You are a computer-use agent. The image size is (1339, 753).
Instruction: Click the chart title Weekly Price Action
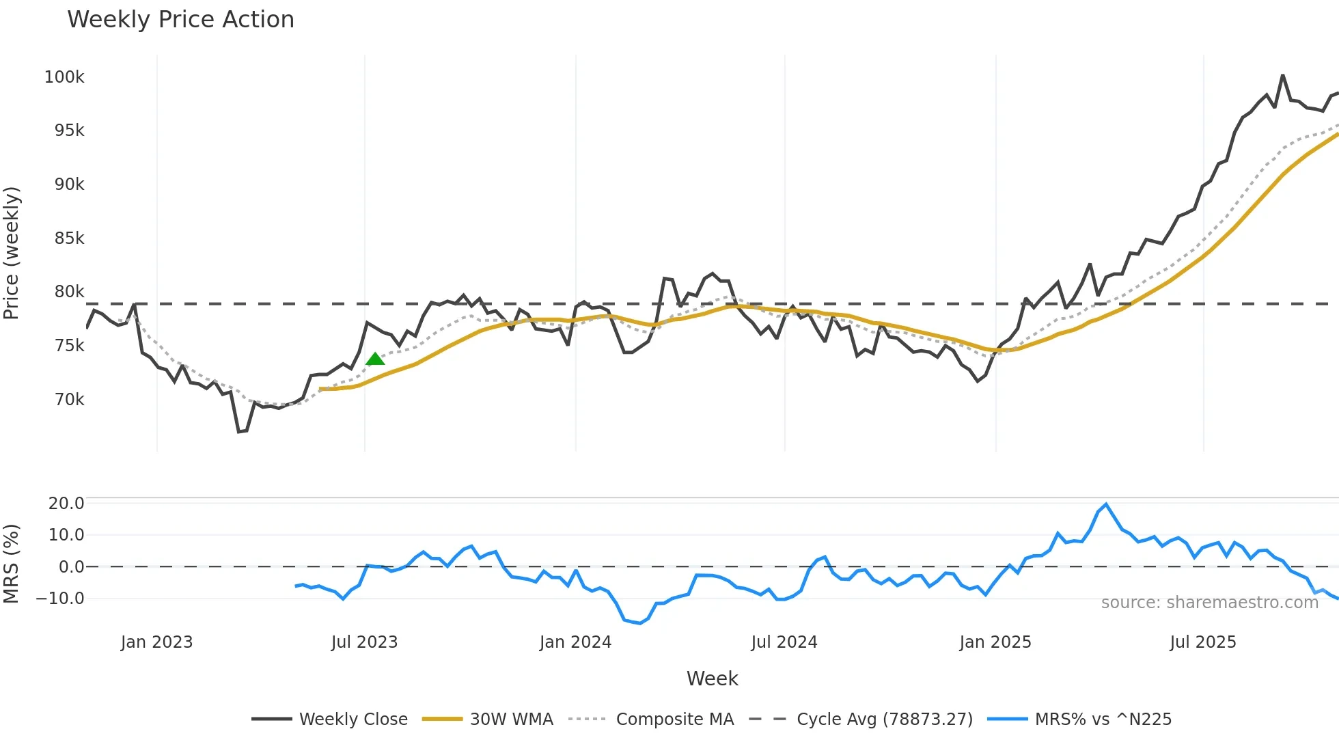click(x=180, y=20)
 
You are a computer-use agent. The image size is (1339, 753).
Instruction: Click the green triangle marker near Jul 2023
click(x=375, y=359)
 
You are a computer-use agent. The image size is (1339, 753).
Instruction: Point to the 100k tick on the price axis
click(x=64, y=77)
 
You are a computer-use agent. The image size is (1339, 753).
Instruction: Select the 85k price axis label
click(x=69, y=238)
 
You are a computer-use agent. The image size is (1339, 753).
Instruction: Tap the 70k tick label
click(x=69, y=400)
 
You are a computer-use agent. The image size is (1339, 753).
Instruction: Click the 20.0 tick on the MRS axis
click(x=66, y=504)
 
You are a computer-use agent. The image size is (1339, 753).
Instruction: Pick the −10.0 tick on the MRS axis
click(x=60, y=599)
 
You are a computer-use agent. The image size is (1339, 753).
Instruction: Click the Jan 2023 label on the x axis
click(x=156, y=642)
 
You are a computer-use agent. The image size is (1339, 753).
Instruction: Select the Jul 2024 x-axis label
click(x=784, y=642)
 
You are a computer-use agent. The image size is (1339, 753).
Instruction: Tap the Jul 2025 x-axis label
click(x=1202, y=642)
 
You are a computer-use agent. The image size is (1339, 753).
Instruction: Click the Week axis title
click(x=712, y=679)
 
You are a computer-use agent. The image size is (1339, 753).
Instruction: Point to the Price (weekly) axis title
click(x=12, y=253)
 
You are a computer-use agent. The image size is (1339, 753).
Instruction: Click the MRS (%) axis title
click(x=12, y=564)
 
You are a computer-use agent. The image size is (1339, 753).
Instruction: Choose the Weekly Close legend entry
click(x=353, y=720)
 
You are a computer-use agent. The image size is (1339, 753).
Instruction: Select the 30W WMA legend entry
click(x=511, y=720)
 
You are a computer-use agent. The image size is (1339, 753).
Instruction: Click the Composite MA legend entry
click(x=674, y=720)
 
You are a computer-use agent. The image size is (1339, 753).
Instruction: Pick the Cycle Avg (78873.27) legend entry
click(x=884, y=720)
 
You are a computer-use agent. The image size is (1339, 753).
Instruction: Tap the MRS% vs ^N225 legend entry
click(x=1103, y=720)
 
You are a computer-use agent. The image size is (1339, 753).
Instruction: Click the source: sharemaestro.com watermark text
click(x=1209, y=603)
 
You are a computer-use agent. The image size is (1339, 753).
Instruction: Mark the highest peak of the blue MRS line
click(x=1106, y=505)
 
